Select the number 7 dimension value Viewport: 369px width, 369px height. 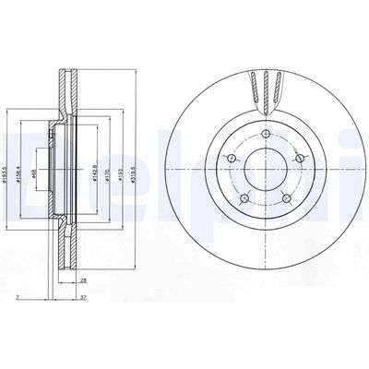(18, 297)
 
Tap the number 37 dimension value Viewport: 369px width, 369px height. (85, 297)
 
